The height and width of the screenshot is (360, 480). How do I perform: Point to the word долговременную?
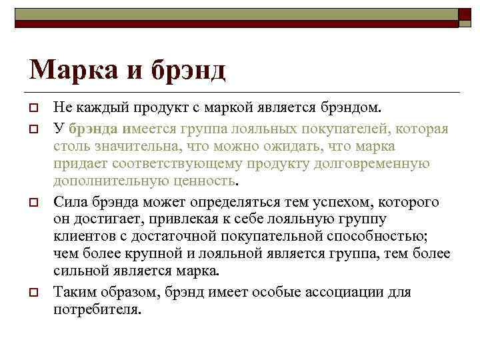(369, 163)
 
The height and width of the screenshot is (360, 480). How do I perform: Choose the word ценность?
(207, 181)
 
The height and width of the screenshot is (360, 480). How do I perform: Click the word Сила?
(69, 202)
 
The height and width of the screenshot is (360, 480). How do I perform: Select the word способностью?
(374, 237)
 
